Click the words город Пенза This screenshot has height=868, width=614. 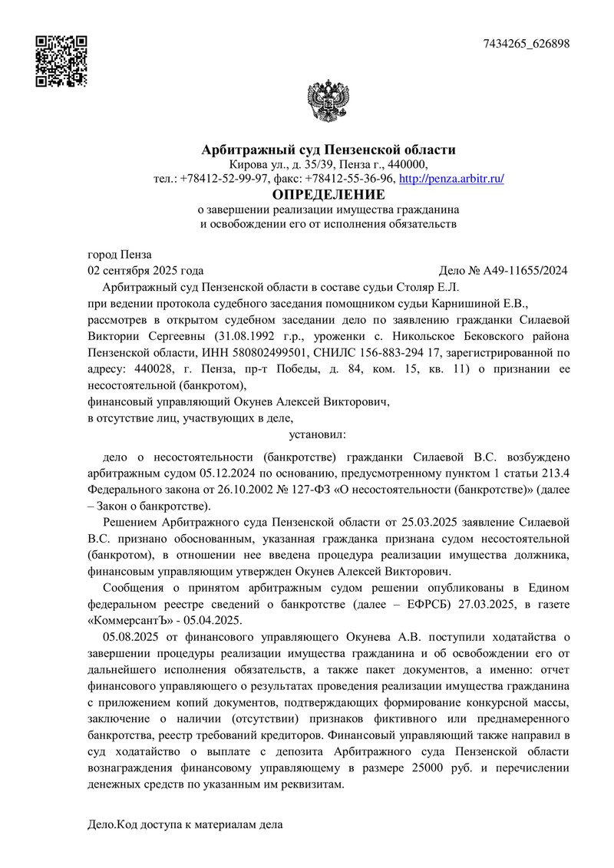pos(120,255)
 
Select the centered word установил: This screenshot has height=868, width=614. pos(317,435)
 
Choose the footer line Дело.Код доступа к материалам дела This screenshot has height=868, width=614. pos(184,826)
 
